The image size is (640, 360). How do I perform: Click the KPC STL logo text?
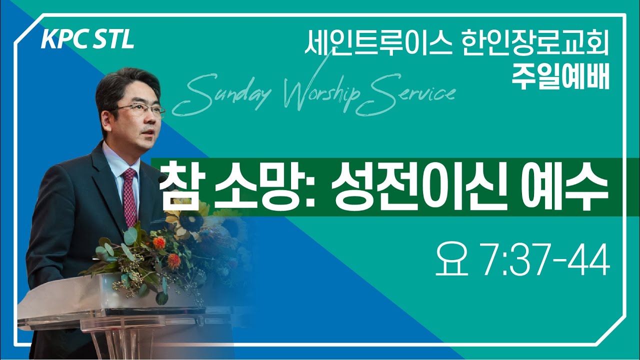tap(87, 40)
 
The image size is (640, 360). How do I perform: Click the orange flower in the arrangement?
tap(159, 242)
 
